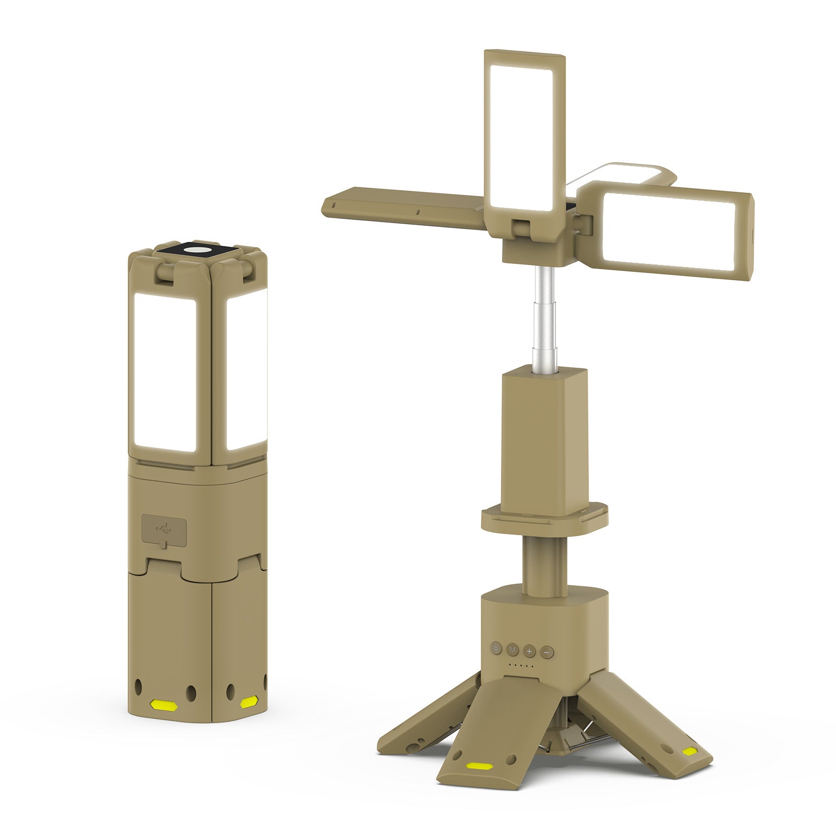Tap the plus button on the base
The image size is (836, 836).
529,652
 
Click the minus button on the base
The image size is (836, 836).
547,652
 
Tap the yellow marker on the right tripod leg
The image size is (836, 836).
690,751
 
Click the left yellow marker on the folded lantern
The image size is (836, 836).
164,705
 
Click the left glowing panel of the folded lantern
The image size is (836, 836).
165,372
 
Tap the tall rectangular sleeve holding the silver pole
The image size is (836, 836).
543,434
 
